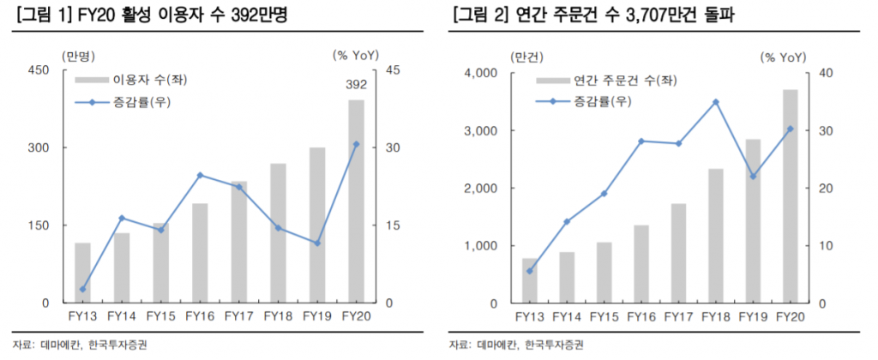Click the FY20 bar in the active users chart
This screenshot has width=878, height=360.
pyautogui.click(x=356, y=201)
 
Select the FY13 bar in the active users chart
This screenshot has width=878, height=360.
pyautogui.click(x=82, y=273)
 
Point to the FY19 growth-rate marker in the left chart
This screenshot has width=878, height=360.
pyautogui.click(x=317, y=243)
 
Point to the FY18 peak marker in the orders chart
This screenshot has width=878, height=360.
pyautogui.click(x=714, y=102)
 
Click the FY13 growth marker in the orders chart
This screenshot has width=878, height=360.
pyautogui.click(x=530, y=271)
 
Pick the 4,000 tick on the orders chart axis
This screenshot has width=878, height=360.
pyautogui.click(x=479, y=73)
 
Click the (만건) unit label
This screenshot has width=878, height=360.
pyautogui.click(x=526, y=57)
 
